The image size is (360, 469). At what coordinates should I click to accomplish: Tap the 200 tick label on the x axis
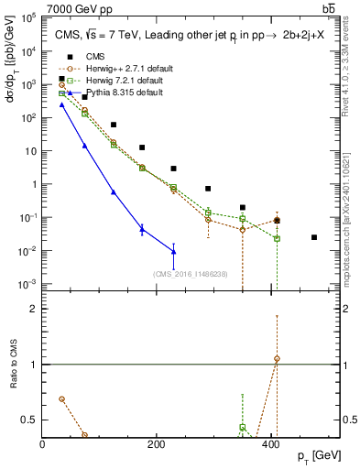(156, 444)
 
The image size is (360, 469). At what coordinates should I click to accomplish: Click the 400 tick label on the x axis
(269, 444)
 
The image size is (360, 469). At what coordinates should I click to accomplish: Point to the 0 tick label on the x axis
(43, 444)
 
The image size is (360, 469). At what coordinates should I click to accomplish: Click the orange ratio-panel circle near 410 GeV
(277, 359)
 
